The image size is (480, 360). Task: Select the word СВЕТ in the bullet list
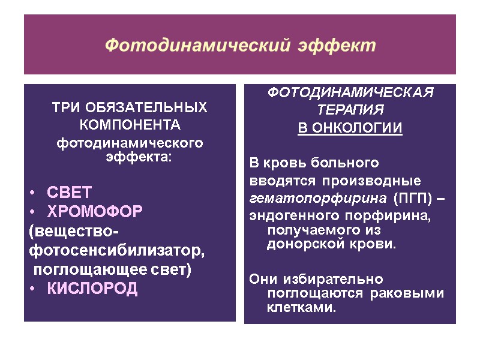70,193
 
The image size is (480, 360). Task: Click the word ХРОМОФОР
94,212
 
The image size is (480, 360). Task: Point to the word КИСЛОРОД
92,289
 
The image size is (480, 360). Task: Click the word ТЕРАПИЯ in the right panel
349,111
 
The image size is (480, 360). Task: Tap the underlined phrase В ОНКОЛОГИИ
350,128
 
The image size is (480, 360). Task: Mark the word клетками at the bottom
301,308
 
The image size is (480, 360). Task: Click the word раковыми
415,293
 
